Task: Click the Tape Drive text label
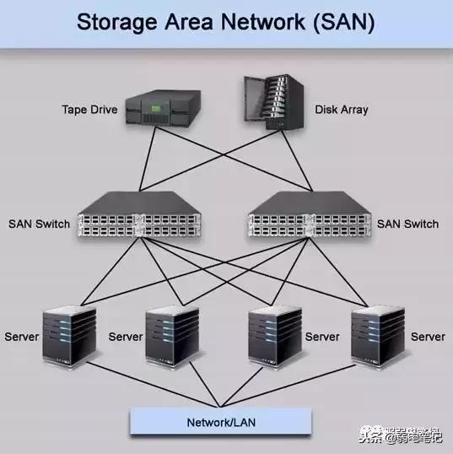click(89, 109)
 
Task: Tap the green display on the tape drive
click(155, 104)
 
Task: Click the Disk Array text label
click(341, 109)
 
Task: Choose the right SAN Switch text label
click(407, 224)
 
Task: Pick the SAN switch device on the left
click(139, 215)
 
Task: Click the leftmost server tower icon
click(70, 336)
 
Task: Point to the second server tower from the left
click(172, 336)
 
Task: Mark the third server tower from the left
click(275, 336)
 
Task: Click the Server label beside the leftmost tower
click(22, 337)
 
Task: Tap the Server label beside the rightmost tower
click(428, 337)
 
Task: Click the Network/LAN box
click(220, 421)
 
